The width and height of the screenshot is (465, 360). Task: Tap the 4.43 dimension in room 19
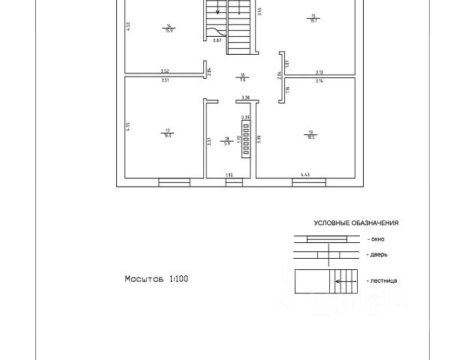tap(306, 175)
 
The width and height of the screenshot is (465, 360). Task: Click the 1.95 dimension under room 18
tap(229, 175)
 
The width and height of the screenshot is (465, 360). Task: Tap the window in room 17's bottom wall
tap(174, 180)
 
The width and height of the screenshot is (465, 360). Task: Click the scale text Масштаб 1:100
tap(156, 278)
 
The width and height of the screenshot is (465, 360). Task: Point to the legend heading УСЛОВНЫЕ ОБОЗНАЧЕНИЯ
tap(355, 223)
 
